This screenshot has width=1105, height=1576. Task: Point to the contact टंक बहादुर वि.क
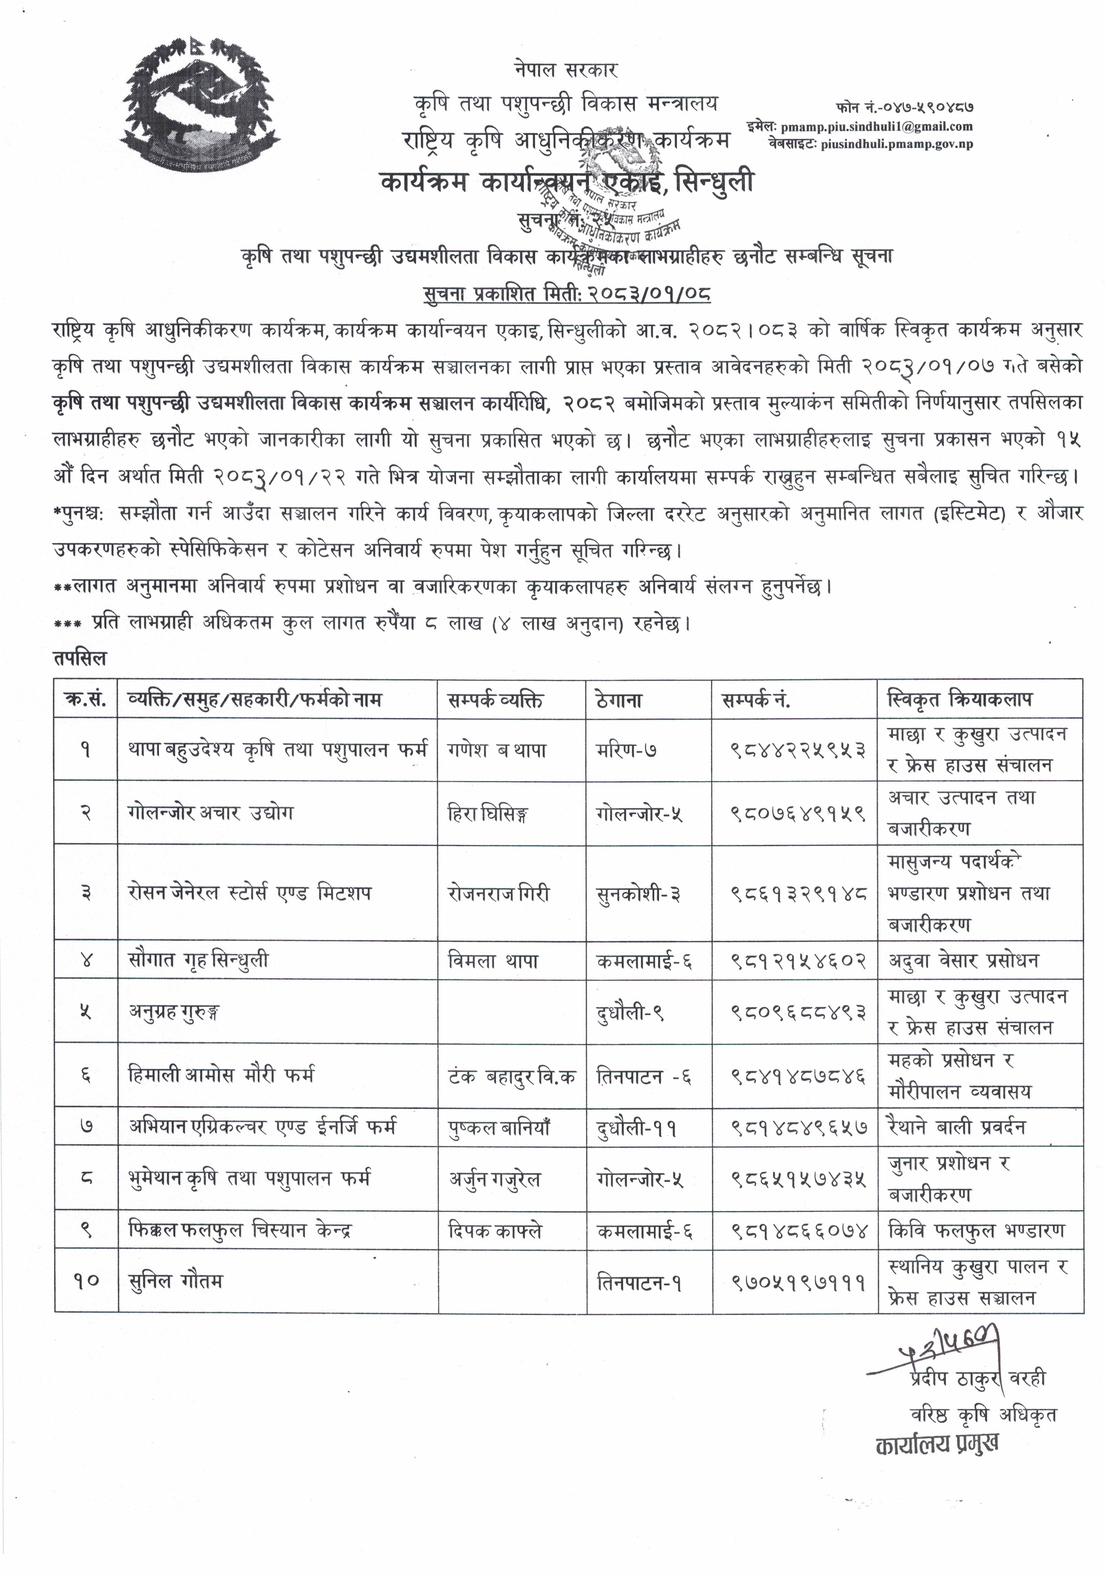tap(512, 1076)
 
